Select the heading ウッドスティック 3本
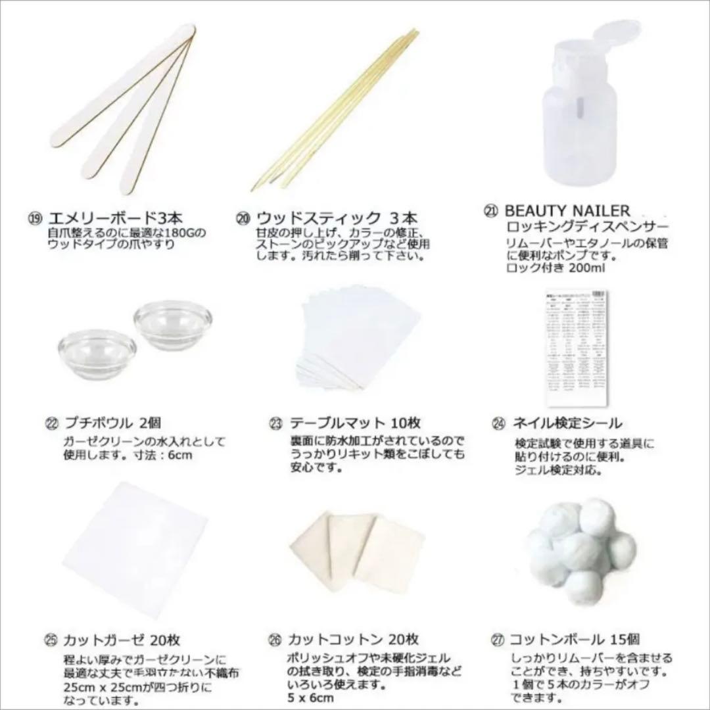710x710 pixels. click(x=329, y=218)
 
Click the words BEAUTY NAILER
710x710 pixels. click(x=567, y=211)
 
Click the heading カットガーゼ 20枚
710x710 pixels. click(x=121, y=640)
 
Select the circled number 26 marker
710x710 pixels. click(x=275, y=640)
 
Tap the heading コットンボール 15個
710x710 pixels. click(x=575, y=639)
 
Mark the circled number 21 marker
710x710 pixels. click(x=491, y=212)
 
